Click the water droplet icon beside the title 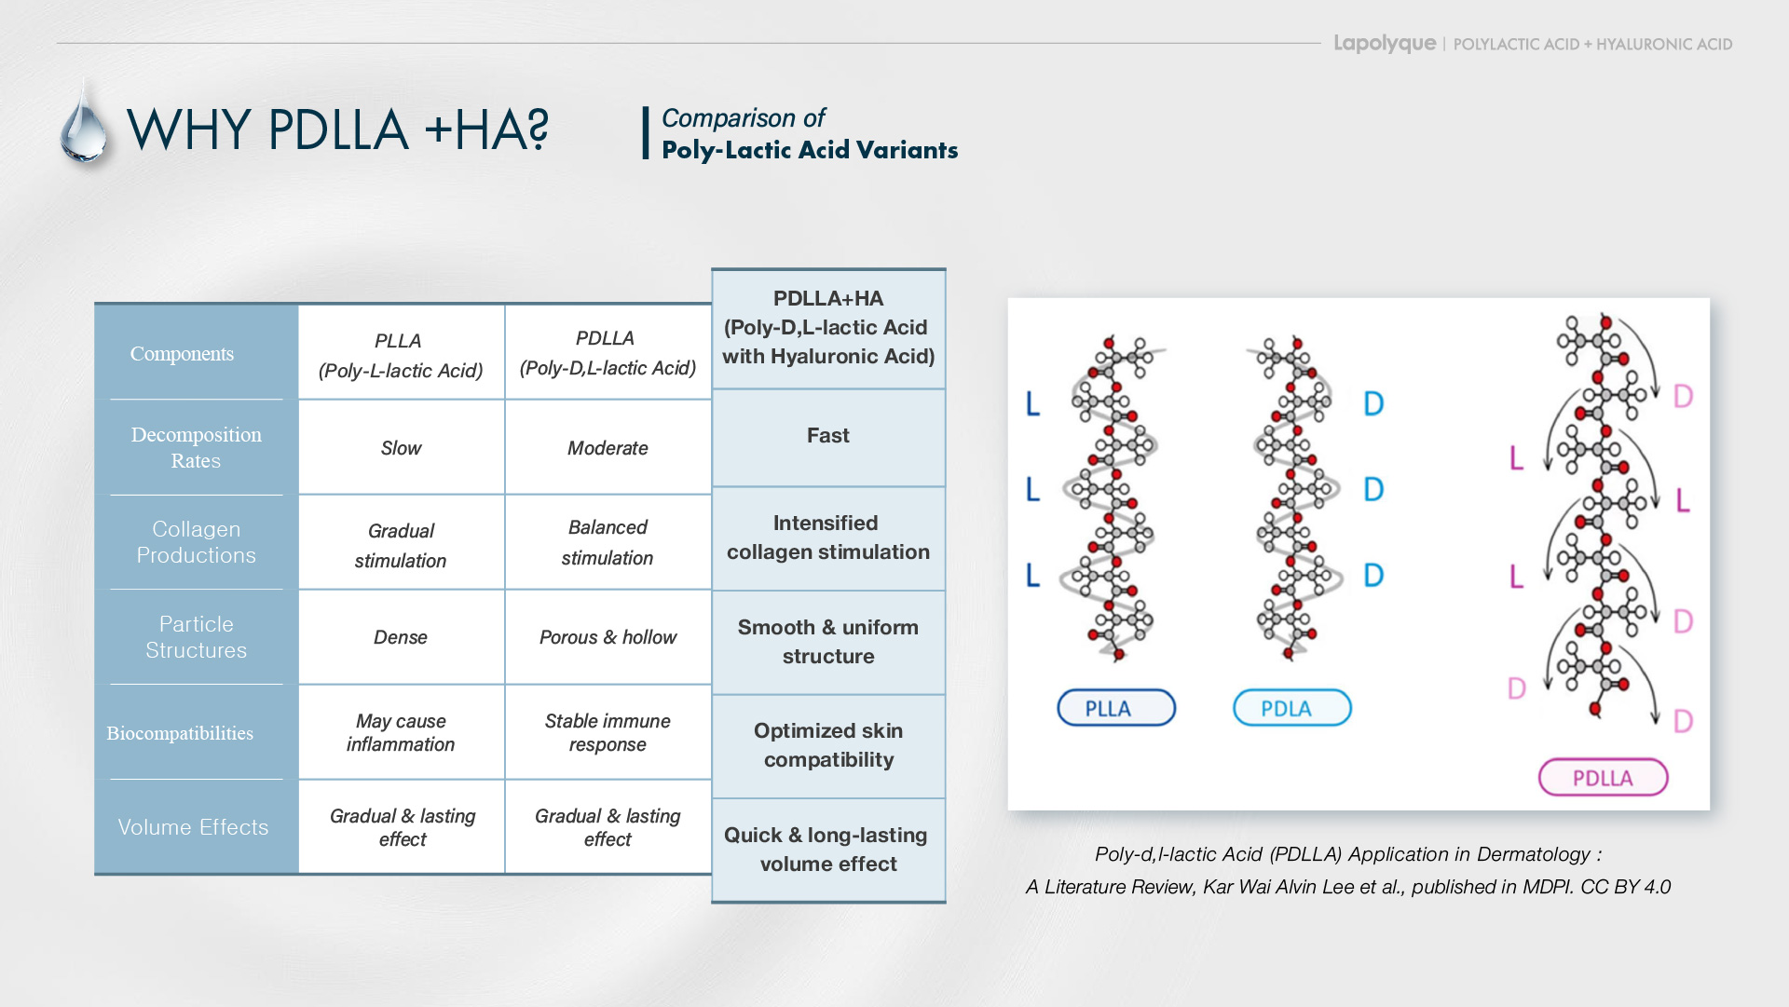point(84,126)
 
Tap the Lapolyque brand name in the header point(1384,43)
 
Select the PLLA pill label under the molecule point(1115,708)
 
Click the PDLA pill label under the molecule point(1291,708)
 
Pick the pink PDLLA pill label point(1603,778)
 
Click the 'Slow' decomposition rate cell point(401,448)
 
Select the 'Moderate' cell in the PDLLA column point(608,448)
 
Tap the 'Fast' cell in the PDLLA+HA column point(827,436)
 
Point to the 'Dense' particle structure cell point(401,637)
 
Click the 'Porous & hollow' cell point(608,637)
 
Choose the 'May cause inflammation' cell point(401,732)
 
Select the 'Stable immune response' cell point(608,732)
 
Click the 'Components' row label point(183,354)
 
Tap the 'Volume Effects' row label point(193,827)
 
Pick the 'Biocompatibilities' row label point(180,733)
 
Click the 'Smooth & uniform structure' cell point(827,642)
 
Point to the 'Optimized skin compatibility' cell point(827,745)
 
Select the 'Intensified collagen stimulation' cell point(827,538)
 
